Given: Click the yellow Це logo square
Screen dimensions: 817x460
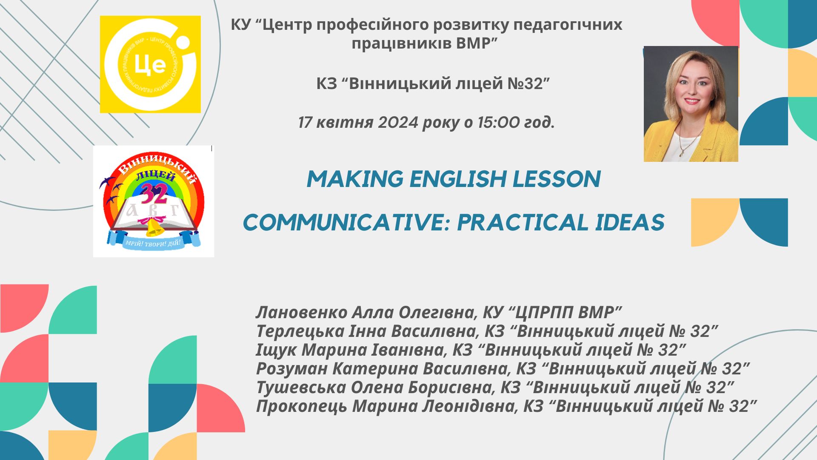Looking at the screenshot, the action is (x=150, y=64).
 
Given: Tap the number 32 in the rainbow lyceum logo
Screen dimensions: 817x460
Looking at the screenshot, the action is (x=154, y=194).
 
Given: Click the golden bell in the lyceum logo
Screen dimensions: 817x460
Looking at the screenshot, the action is (x=154, y=229).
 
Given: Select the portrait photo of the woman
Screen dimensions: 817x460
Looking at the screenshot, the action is (x=691, y=104).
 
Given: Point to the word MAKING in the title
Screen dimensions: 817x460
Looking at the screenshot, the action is (x=355, y=179).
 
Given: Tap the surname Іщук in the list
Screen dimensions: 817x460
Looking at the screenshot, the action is (x=277, y=350).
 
